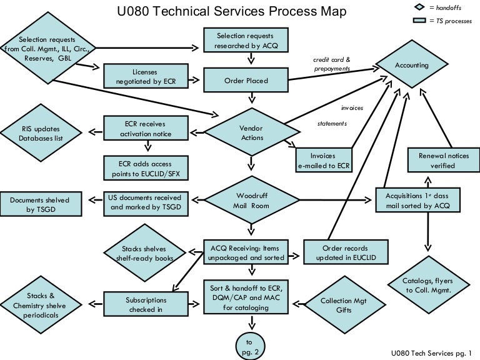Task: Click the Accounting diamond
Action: coord(412,65)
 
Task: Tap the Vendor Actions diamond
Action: coord(251,132)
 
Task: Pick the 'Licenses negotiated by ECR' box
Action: coord(145,76)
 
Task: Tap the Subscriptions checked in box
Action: coord(146,304)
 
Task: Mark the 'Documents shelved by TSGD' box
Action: coord(39,205)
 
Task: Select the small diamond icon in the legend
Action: coord(419,7)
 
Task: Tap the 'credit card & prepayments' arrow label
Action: coord(332,64)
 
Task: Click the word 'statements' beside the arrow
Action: coord(332,123)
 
